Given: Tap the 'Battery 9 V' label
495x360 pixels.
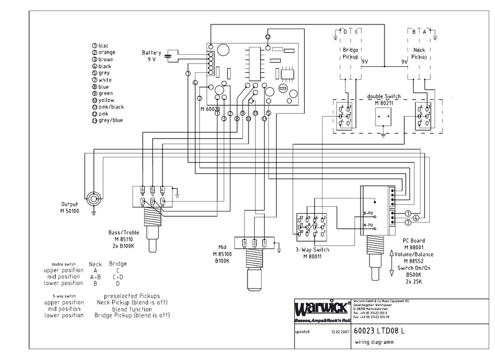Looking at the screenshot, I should tap(152, 56).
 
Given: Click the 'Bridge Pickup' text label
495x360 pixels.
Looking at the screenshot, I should tap(350, 53).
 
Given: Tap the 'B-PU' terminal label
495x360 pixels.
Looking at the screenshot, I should tap(368, 213).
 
